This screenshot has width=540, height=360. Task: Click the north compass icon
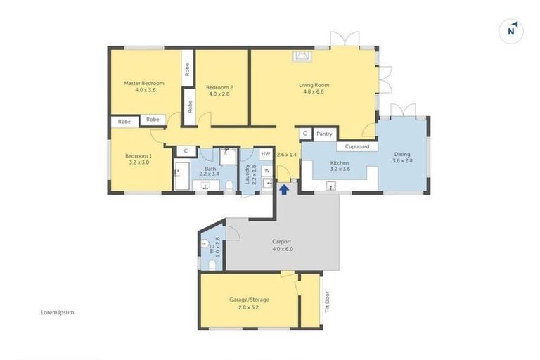512,30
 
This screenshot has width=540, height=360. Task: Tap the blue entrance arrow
284,188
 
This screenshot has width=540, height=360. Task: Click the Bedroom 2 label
219,88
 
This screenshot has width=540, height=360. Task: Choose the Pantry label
324,133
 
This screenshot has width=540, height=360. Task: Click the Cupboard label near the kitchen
357,146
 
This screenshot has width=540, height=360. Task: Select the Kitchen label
340,163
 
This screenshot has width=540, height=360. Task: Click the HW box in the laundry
265,154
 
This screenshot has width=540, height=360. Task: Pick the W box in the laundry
266,170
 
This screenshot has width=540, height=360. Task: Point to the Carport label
281,242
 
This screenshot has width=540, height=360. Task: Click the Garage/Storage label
249,300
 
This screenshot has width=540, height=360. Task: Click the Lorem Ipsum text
58,312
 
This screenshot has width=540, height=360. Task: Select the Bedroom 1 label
139,156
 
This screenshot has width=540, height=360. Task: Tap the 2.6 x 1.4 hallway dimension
287,154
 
